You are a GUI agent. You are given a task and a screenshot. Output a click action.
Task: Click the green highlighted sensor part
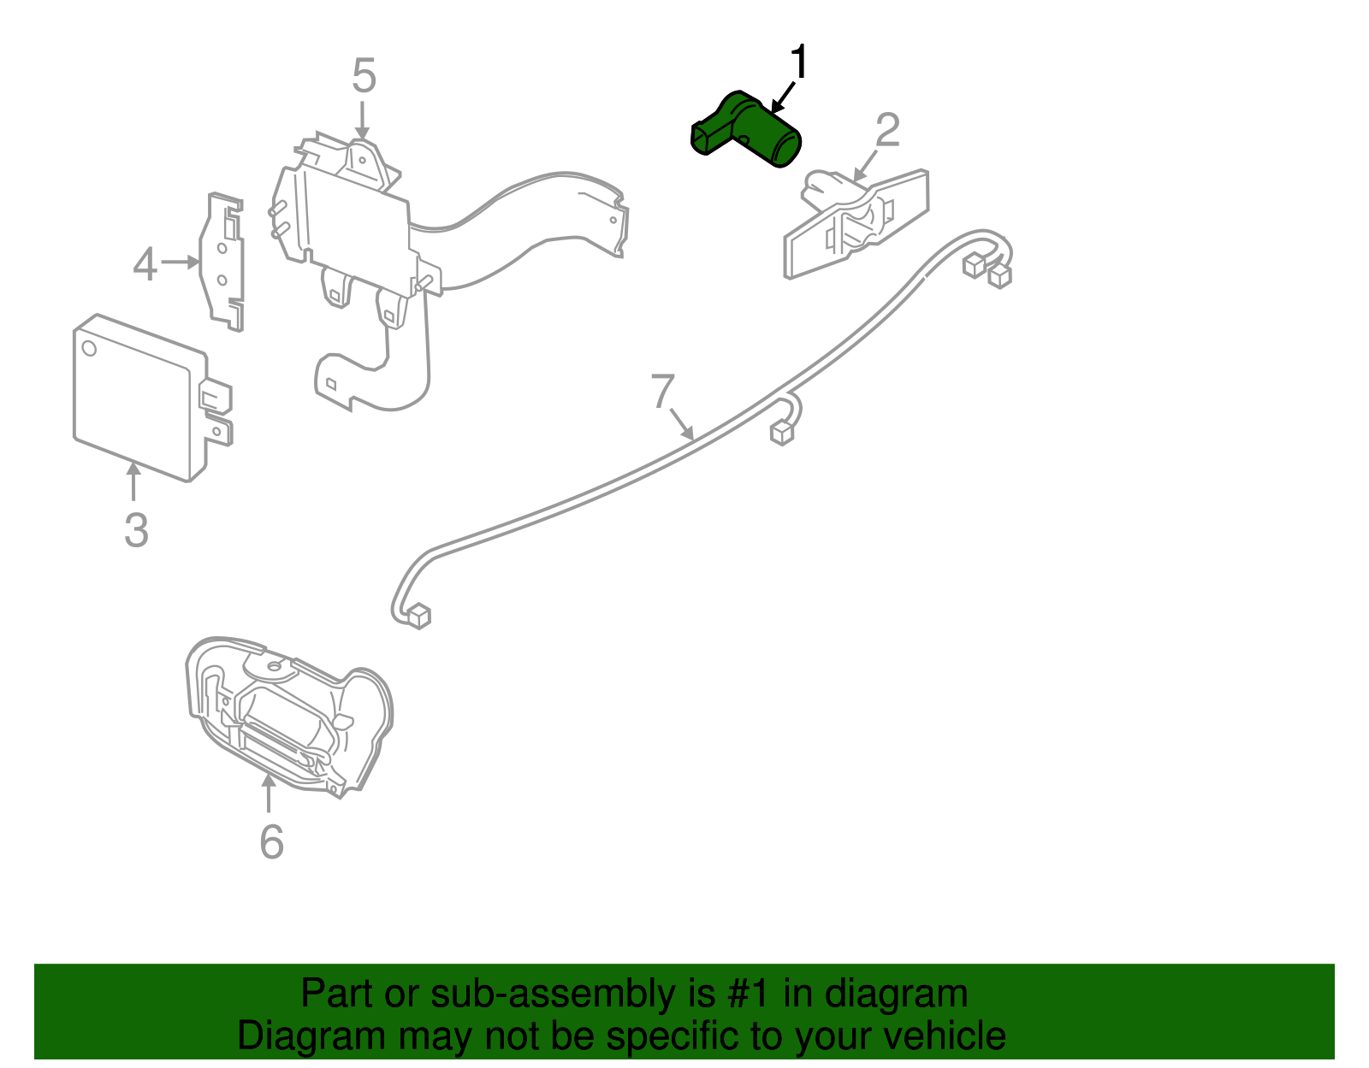click(x=753, y=131)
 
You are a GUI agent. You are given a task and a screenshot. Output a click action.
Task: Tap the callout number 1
click(x=798, y=63)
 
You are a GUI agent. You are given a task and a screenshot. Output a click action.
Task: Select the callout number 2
click(x=887, y=131)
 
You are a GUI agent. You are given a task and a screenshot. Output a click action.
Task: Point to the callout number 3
click(x=136, y=530)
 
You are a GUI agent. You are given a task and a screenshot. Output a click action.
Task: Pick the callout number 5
click(x=364, y=77)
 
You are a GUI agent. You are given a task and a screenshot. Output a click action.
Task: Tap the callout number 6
click(x=271, y=842)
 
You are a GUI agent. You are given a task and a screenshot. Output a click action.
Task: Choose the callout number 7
click(x=663, y=392)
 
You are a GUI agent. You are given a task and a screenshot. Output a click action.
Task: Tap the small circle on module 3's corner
click(x=89, y=348)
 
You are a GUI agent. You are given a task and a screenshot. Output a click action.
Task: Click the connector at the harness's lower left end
click(x=418, y=615)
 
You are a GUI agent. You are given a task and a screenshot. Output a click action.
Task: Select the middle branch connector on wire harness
click(x=782, y=433)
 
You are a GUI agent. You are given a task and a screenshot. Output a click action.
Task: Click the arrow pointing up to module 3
click(x=133, y=480)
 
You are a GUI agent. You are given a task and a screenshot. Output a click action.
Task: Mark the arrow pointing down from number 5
click(x=364, y=120)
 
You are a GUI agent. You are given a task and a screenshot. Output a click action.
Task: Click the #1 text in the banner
click(x=750, y=994)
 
